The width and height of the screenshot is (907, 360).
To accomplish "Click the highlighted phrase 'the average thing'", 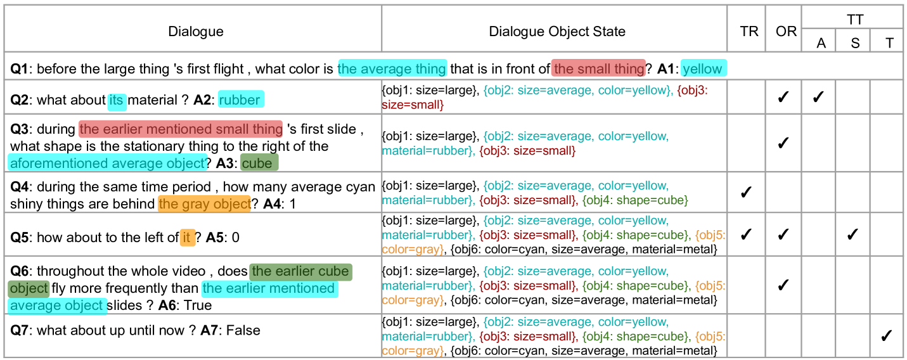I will (392, 68).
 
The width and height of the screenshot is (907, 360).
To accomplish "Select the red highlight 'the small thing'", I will (599, 68).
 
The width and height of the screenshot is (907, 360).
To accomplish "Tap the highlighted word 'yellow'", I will (703, 68).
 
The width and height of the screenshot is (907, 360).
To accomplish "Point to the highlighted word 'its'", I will (116, 100).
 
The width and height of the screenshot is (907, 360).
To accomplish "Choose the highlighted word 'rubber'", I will (240, 100).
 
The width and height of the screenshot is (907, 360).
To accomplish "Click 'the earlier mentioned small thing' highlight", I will (181, 129).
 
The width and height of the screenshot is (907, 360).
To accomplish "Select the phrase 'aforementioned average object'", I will (108, 163).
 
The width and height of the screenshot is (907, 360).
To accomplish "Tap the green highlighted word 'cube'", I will (258, 163).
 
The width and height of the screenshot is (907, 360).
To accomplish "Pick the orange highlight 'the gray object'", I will (204, 203).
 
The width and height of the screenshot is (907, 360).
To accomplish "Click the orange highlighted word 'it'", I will (187, 238).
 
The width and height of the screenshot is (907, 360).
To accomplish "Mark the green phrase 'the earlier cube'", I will (300, 271).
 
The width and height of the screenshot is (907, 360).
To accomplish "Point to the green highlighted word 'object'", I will (29, 288).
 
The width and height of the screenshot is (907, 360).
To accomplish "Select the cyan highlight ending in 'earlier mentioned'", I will (269, 288).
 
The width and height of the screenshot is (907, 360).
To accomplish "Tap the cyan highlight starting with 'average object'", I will (57, 305).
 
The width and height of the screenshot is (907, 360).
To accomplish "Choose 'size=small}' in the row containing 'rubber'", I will (413, 105).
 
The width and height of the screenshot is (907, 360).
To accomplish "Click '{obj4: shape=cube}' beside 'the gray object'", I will (635, 200).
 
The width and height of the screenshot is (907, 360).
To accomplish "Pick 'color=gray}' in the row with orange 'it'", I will (413, 250).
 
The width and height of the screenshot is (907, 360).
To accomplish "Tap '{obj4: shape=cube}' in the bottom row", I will (635, 337).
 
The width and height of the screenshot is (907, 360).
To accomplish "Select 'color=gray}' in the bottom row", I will (413, 350).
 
